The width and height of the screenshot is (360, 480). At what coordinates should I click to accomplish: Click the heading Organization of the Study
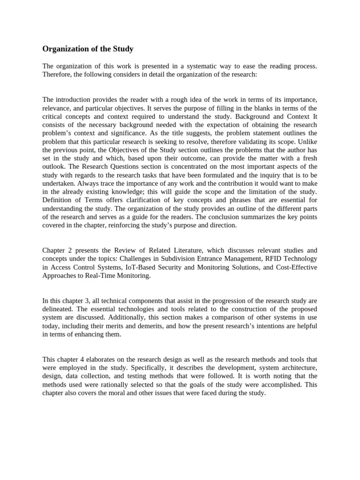[x=88, y=49]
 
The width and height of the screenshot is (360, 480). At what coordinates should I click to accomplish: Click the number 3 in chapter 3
[x=77, y=300]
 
